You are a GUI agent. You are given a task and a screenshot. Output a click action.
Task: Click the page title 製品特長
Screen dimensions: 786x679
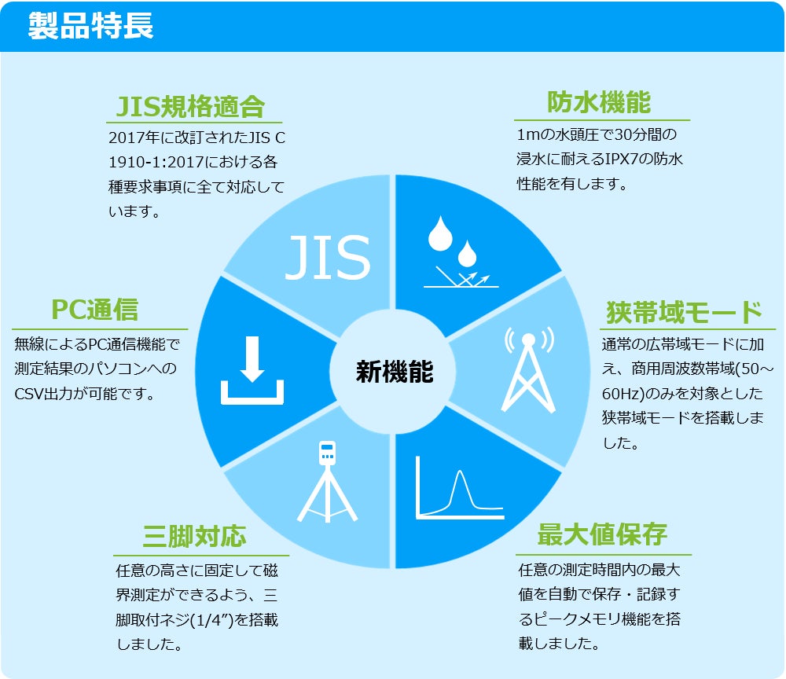[x=90, y=26]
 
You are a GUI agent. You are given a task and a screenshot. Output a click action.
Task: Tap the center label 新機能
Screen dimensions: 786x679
[x=395, y=372]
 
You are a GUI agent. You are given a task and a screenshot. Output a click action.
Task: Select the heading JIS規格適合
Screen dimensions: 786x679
[x=190, y=107]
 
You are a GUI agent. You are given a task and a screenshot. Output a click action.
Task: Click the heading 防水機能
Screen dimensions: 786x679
[x=599, y=103]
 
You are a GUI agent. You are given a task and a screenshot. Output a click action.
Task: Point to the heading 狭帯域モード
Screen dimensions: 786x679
[x=685, y=312]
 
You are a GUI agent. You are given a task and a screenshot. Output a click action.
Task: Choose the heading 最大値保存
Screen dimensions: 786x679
[x=602, y=534]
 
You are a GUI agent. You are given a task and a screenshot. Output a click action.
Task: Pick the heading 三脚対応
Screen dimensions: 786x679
[x=194, y=536]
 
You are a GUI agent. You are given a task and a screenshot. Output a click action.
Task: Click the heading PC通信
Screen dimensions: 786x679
[x=95, y=309]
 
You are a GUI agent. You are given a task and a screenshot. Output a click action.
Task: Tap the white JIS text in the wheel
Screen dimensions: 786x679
[x=329, y=257]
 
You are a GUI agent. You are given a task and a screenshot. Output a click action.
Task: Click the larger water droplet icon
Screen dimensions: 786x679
[x=440, y=234]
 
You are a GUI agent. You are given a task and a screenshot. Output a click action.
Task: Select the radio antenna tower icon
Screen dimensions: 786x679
[x=528, y=370]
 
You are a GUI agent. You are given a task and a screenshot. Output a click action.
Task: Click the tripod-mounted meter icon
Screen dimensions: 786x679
[x=327, y=482]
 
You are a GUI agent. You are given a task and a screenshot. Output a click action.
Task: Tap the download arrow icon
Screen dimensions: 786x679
[x=252, y=370]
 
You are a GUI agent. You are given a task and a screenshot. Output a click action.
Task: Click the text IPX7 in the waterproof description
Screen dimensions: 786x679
[x=622, y=160]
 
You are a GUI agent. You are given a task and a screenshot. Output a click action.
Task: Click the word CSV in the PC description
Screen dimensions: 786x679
[x=29, y=394]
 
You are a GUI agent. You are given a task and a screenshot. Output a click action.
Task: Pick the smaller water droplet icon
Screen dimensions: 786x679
[x=467, y=254]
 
